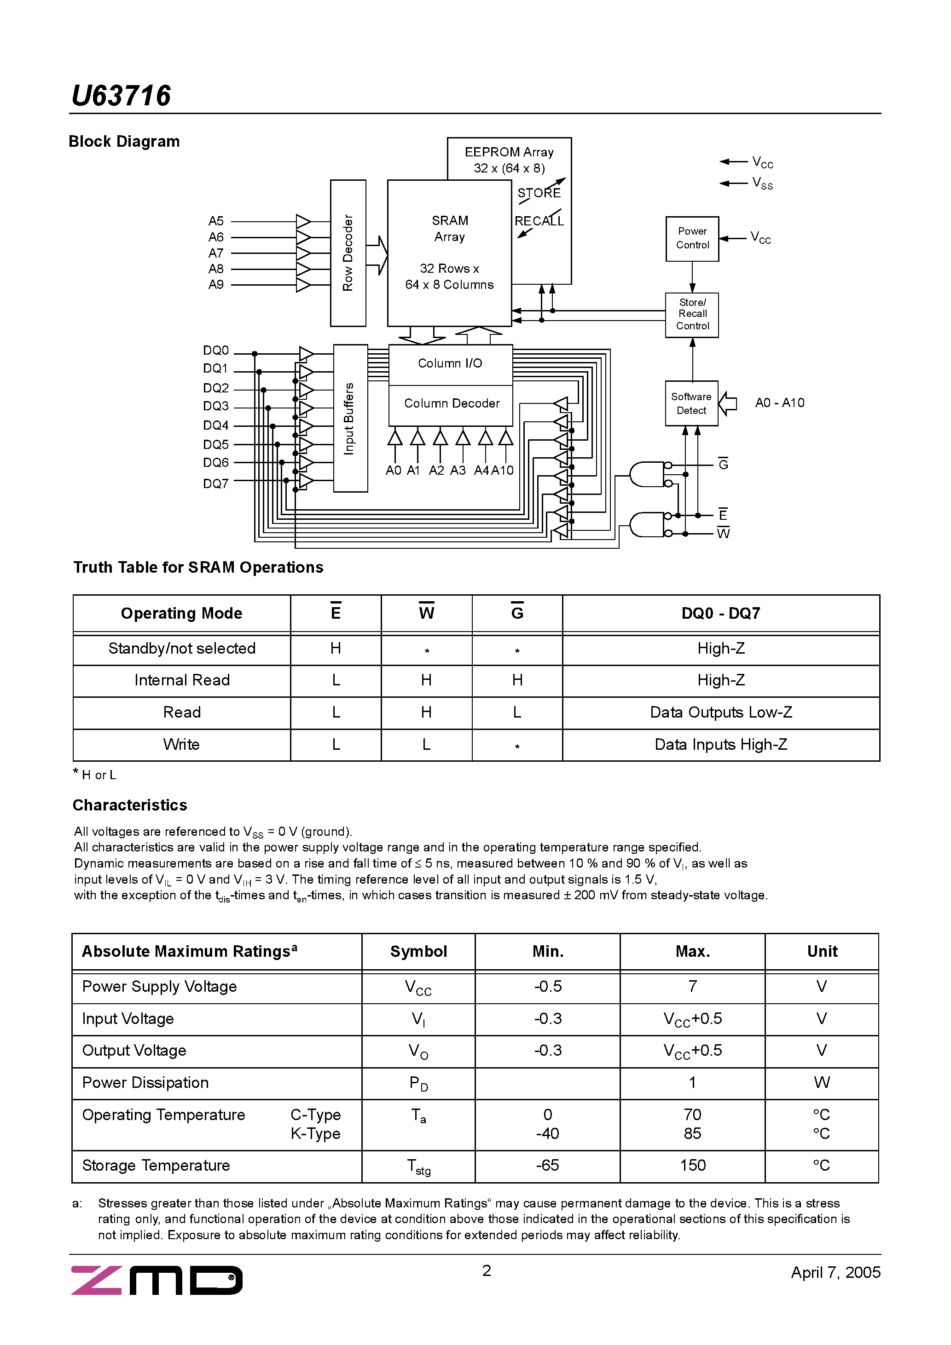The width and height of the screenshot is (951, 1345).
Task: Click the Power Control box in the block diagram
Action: pos(692,238)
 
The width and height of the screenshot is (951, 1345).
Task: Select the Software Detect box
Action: pos(691,403)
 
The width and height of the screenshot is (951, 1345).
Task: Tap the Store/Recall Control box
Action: pos(692,315)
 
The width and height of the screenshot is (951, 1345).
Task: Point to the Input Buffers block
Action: pos(350,418)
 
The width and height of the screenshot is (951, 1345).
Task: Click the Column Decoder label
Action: pos(452,403)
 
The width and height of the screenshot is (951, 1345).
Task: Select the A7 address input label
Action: pos(216,253)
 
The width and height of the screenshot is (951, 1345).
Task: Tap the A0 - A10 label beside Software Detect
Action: pos(779,402)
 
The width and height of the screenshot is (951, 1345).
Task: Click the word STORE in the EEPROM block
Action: pos(539,193)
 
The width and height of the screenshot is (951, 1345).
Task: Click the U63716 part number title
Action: pos(121,96)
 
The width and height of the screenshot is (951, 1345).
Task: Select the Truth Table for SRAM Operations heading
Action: pos(198,567)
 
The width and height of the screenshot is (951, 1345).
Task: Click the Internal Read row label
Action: pos(182,680)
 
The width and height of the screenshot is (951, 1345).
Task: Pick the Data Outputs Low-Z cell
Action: pos(720,713)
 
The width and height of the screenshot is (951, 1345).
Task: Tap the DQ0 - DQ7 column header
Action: pos(720,613)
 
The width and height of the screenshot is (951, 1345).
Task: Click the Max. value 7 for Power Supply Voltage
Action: pos(692,987)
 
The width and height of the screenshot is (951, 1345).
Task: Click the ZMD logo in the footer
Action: pos(157,1280)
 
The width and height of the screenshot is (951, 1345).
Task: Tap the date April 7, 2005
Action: pos(835,1272)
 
